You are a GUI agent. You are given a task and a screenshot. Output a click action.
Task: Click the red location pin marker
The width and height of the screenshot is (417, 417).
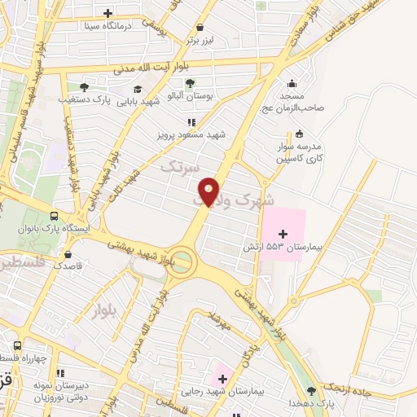pyautogui.click(x=209, y=191)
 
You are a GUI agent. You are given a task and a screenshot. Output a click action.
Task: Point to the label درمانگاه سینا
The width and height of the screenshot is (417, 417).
pyautogui.click(x=108, y=24)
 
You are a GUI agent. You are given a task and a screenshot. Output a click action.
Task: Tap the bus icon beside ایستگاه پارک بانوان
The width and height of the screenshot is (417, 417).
pyautogui.click(x=54, y=217)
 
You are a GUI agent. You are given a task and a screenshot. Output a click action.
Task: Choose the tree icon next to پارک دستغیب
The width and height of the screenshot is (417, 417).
pyautogui.click(x=84, y=87)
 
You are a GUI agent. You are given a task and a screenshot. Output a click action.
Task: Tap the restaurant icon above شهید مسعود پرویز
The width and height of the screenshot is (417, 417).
pyautogui.click(x=191, y=121)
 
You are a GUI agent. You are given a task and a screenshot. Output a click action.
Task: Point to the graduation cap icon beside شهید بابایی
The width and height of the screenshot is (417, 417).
pyautogui.click(x=138, y=89)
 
